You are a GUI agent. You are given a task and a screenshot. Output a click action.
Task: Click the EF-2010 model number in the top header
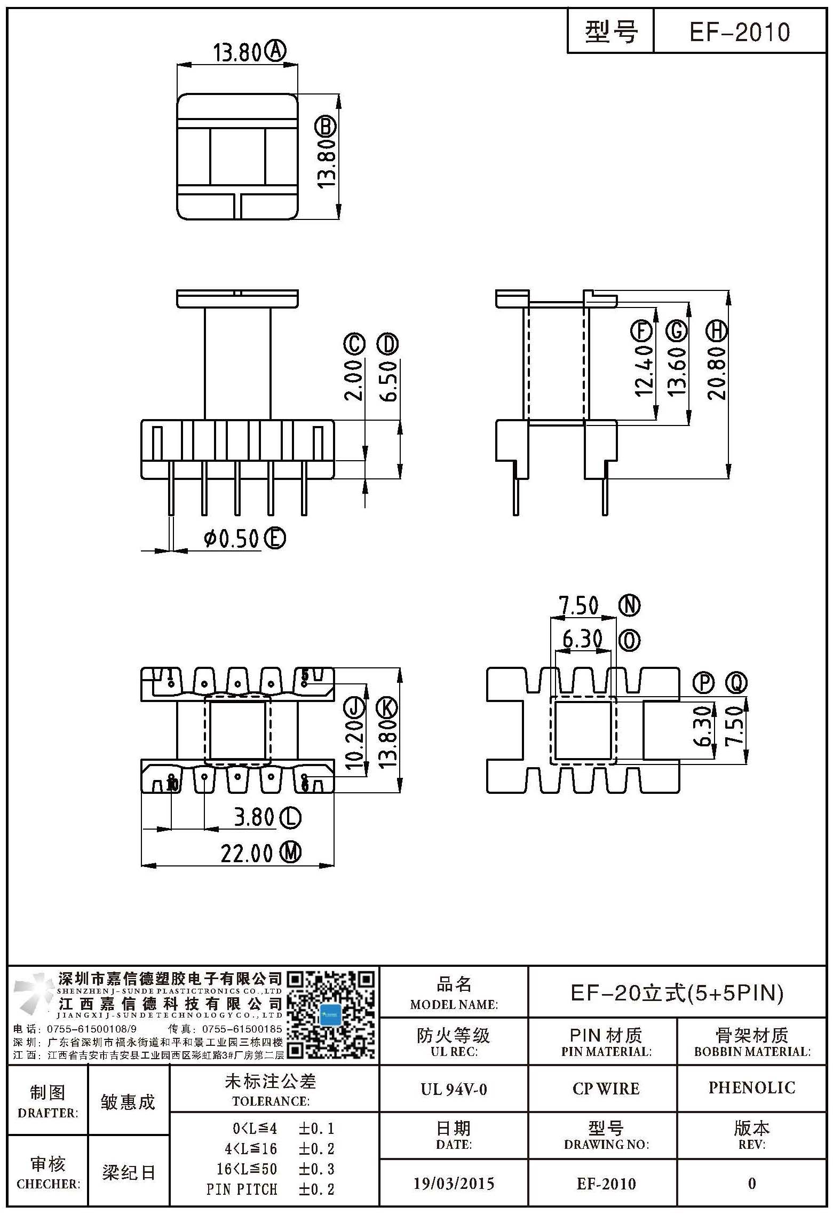tap(739, 32)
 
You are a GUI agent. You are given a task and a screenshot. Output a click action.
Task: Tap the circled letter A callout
tap(276, 52)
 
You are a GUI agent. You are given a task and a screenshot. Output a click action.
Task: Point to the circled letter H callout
tap(717, 331)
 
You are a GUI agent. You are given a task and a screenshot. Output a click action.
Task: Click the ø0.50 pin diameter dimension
tap(231, 539)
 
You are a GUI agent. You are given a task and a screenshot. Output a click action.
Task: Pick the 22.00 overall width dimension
tap(247, 853)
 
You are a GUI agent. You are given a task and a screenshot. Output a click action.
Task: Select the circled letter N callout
tap(630, 605)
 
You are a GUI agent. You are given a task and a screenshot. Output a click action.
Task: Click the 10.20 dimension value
tap(354, 744)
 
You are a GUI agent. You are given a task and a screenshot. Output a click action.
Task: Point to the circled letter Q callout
tap(736, 682)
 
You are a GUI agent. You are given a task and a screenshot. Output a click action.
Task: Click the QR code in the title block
tap(331, 1015)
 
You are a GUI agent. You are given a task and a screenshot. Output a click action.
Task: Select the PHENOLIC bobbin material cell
tap(751, 1087)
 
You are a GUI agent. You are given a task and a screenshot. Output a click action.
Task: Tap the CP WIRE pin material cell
tap(606, 1089)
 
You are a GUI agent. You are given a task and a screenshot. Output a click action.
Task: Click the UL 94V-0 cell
tap(454, 1089)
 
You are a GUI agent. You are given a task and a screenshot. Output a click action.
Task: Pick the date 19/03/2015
tap(454, 1184)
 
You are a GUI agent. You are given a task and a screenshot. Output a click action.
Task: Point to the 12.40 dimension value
tap(644, 370)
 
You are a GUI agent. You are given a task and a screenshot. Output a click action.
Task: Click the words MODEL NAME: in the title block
tap(454, 1004)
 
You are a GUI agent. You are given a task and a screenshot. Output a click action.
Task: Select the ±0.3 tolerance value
tap(316, 1169)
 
